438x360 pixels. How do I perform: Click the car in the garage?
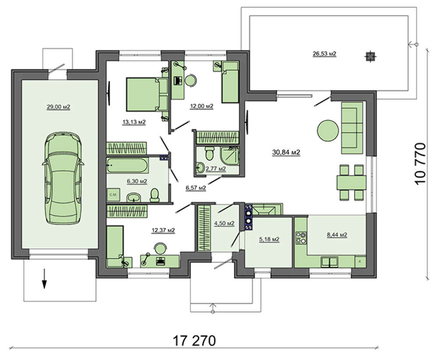click(63, 178)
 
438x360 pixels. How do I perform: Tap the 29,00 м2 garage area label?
click(58, 107)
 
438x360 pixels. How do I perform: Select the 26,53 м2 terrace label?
click(324, 53)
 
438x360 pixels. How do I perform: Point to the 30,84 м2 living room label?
click(286, 152)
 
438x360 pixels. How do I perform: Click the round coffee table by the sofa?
click(328, 131)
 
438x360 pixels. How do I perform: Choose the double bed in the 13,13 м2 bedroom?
click(147, 95)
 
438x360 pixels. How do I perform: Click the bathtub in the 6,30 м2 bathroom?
click(127, 166)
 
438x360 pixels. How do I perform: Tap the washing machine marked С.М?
click(113, 194)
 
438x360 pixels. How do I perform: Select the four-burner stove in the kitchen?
click(301, 238)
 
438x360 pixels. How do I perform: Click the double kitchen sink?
click(329, 262)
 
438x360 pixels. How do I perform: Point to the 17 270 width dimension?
click(194, 341)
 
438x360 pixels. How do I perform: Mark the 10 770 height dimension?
click(420, 163)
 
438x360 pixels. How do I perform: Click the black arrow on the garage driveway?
click(44, 279)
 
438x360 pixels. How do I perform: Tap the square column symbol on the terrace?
click(370, 56)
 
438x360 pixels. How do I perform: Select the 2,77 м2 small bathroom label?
click(215, 169)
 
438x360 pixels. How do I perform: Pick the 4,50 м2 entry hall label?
click(224, 223)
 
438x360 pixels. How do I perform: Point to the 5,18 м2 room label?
click(269, 240)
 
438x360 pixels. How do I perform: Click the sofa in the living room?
click(352, 128)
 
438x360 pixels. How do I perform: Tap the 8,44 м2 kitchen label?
click(337, 235)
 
